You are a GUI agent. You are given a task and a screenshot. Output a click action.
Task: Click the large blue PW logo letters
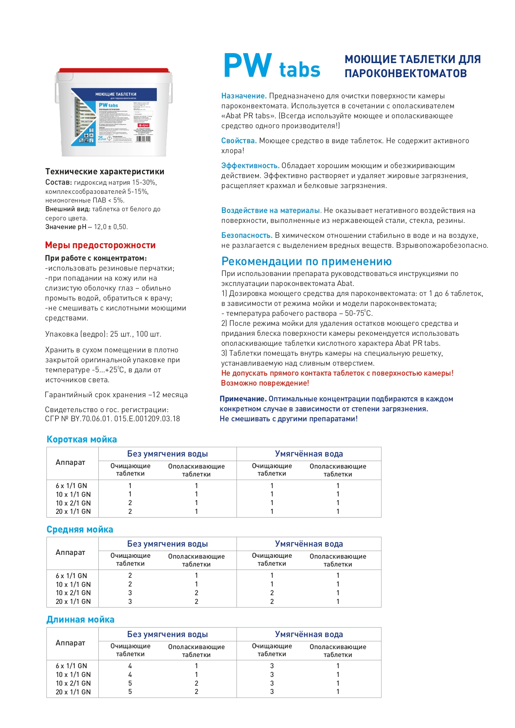248,66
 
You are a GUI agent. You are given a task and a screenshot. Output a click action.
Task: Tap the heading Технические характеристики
105,171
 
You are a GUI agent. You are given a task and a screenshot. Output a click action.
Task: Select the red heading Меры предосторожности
100,245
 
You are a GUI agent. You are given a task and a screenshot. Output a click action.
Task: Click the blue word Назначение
244,96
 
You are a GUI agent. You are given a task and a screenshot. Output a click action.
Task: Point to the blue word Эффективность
250,166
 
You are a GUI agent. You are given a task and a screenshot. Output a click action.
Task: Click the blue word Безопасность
247,235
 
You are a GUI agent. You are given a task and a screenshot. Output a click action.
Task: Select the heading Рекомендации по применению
306,261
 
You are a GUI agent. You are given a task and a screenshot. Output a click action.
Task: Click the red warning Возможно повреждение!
265,383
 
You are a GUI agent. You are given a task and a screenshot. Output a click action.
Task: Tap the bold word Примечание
243,399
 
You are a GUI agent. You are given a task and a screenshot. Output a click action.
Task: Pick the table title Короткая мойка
82,440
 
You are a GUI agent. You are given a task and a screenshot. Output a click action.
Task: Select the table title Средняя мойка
80,530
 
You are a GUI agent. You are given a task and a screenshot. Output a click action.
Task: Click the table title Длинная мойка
81,620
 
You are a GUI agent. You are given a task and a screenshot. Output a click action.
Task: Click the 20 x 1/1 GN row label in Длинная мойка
73,692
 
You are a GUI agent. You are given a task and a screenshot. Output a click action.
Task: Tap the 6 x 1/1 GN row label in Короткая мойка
71,486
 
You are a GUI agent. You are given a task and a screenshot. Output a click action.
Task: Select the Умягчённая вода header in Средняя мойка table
309,544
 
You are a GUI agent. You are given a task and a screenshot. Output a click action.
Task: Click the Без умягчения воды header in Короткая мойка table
167,454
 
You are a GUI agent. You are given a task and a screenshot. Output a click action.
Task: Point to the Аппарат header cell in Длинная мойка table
71,642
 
